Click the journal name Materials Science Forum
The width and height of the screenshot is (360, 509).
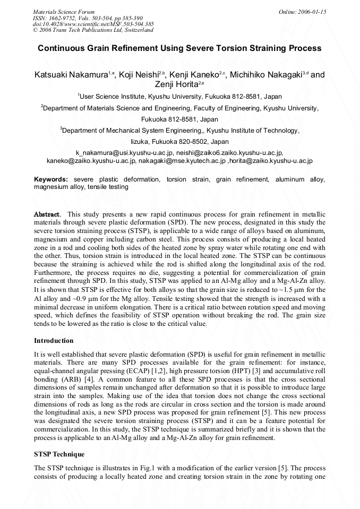click(64, 12)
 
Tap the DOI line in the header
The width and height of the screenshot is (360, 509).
click(93, 24)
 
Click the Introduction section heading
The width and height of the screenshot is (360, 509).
click(54, 340)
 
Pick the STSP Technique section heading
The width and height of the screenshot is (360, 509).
click(59, 454)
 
